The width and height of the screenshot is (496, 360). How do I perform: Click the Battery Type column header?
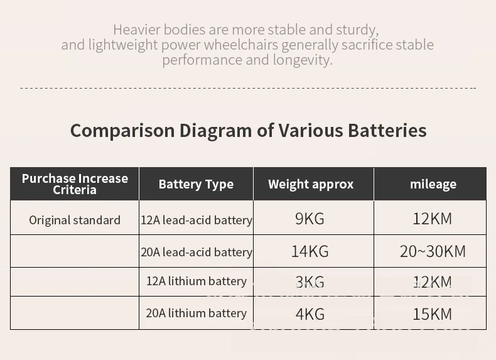(196, 184)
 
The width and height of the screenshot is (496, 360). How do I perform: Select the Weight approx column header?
(311, 184)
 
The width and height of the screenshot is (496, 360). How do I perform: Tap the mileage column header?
(433, 184)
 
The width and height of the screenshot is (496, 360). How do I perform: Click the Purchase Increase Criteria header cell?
(75, 184)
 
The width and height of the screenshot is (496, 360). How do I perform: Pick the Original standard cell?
(75, 220)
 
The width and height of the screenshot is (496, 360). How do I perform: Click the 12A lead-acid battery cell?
(197, 220)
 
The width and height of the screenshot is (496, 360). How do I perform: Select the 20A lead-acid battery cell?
(197, 252)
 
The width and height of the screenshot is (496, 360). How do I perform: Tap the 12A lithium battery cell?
(197, 281)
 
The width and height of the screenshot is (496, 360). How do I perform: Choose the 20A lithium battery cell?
(197, 313)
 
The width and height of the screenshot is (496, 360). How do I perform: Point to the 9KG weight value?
(310, 219)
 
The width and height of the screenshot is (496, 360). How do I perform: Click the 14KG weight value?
(310, 251)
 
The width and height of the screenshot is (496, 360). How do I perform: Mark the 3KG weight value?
(310, 282)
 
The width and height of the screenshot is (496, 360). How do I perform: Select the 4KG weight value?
(310, 314)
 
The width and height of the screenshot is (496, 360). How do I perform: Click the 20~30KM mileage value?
(433, 251)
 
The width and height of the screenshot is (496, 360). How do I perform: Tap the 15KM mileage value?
(433, 314)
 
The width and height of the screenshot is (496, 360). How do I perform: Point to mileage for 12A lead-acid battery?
(433, 219)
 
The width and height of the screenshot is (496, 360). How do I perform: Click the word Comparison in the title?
(122, 131)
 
